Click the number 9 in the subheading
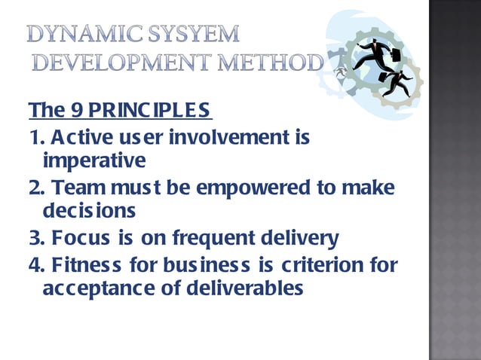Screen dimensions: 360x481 click(x=76, y=110)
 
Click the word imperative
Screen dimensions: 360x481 click(x=94, y=160)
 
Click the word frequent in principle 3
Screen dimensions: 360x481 click(x=214, y=239)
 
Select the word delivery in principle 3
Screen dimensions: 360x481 click(x=301, y=239)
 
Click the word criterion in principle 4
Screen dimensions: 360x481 click(x=321, y=264)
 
